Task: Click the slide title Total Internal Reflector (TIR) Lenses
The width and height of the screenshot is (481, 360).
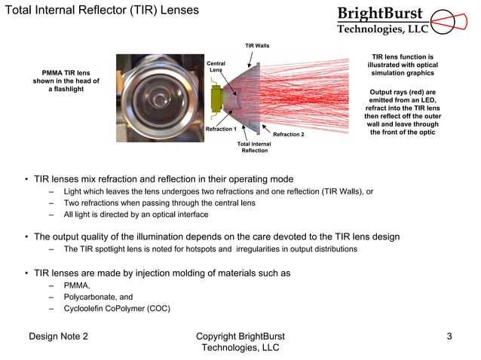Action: pyautogui.click(x=102, y=11)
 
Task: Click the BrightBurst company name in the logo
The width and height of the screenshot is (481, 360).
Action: pyautogui.click(x=380, y=14)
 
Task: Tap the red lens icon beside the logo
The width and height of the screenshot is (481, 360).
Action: pyautogui.click(x=451, y=20)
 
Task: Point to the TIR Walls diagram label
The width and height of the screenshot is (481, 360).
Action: pyautogui.click(x=257, y=46)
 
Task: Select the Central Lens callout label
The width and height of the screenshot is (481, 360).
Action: pyautogui.click(x=216, y=67)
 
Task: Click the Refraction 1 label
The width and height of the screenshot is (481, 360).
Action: pyautogui.click(x=221, y=130)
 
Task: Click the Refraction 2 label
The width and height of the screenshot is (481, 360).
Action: pyautogui.click(x=288, y=134)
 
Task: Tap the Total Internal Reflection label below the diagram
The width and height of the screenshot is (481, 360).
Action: pyautogui.click(x=254, y=147)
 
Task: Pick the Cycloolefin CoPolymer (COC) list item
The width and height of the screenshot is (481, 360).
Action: pyautogui.click(x=117, y=308)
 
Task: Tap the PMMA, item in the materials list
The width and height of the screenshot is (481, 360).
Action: pyautogui.click(x=77, y=285)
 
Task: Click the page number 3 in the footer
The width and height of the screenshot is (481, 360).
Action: pyautogui.click(x=449, y=336)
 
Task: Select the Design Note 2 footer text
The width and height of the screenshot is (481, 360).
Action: pyautogui.click(x=58, y=336)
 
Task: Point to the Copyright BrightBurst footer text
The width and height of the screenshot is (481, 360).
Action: pyautogui.click(x=240, y=336)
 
